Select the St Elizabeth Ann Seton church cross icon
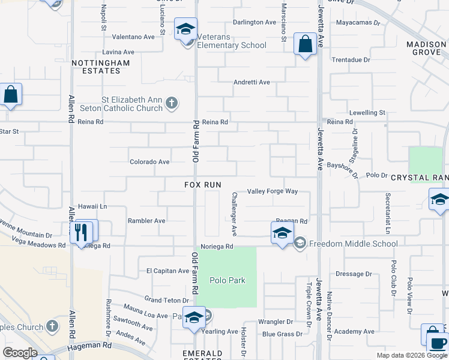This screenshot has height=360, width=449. click(x=172, y=103)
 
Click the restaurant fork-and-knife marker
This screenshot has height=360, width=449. click(x=80, y=232)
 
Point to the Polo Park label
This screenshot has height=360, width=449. click(x=228, y=281)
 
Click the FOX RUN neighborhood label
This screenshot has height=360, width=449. click(x=203, y=185)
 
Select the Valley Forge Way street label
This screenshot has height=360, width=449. click(x=273, y=191)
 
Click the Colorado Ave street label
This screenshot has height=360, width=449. click(x=149, y=162)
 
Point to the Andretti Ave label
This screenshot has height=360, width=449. click(x=252, y=82)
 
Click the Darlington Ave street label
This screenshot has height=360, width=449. click(x=255, y=22)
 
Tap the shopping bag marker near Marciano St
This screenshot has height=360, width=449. click(x=306, y=44)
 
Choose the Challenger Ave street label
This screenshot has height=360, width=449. click(x=234, y=214)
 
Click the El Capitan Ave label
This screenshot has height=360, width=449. click(x=168, y=271)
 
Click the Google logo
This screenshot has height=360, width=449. click(x=19, y=353)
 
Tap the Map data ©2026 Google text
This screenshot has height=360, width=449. click(x=411, y=355)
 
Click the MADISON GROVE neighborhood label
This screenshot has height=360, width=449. click(x=426, y=49)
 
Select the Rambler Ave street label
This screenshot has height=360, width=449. click(x=146, y=221)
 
